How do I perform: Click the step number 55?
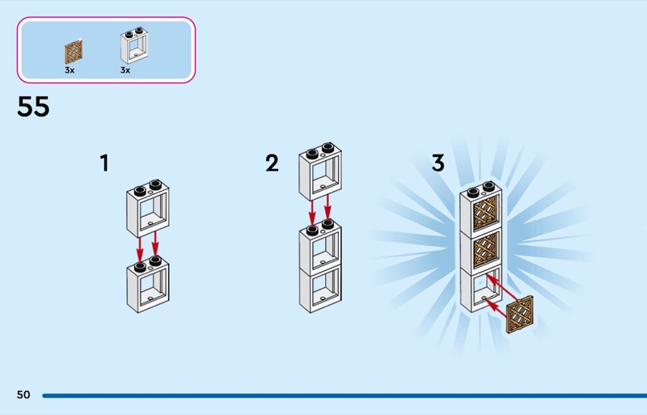33,107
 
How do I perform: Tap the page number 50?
23,395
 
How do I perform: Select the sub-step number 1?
104,163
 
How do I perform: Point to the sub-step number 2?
272,163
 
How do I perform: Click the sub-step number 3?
438,163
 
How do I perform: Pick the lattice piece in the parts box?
74,52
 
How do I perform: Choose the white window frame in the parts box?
134,45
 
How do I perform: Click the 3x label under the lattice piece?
70,70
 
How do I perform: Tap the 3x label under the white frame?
125,70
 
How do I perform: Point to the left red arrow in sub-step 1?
140,249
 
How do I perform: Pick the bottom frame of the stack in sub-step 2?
320,288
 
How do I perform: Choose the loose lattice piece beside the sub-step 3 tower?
519,314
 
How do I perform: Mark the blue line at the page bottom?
345,396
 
